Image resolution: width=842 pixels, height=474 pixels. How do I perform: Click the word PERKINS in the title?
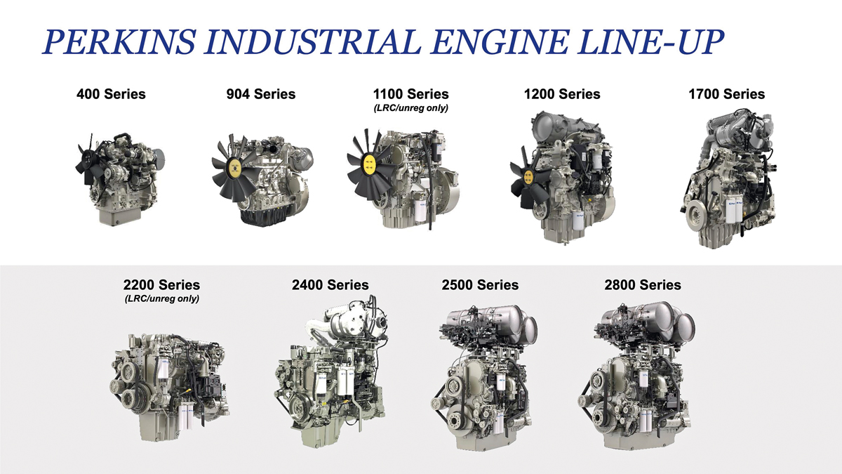(119, 41)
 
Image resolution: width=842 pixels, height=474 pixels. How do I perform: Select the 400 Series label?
(111, 94)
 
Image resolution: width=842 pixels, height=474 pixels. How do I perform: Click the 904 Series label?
(261, 94)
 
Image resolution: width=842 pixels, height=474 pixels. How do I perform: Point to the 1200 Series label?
(562, 94)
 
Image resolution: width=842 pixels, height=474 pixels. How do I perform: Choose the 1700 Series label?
(727, 94)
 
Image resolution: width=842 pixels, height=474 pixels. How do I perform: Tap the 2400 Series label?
(330, 285)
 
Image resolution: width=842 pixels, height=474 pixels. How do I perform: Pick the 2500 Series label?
(480, 285)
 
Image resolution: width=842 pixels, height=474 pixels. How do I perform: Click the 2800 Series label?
(643, 285)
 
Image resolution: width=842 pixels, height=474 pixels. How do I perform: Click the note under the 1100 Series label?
(411, 108)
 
